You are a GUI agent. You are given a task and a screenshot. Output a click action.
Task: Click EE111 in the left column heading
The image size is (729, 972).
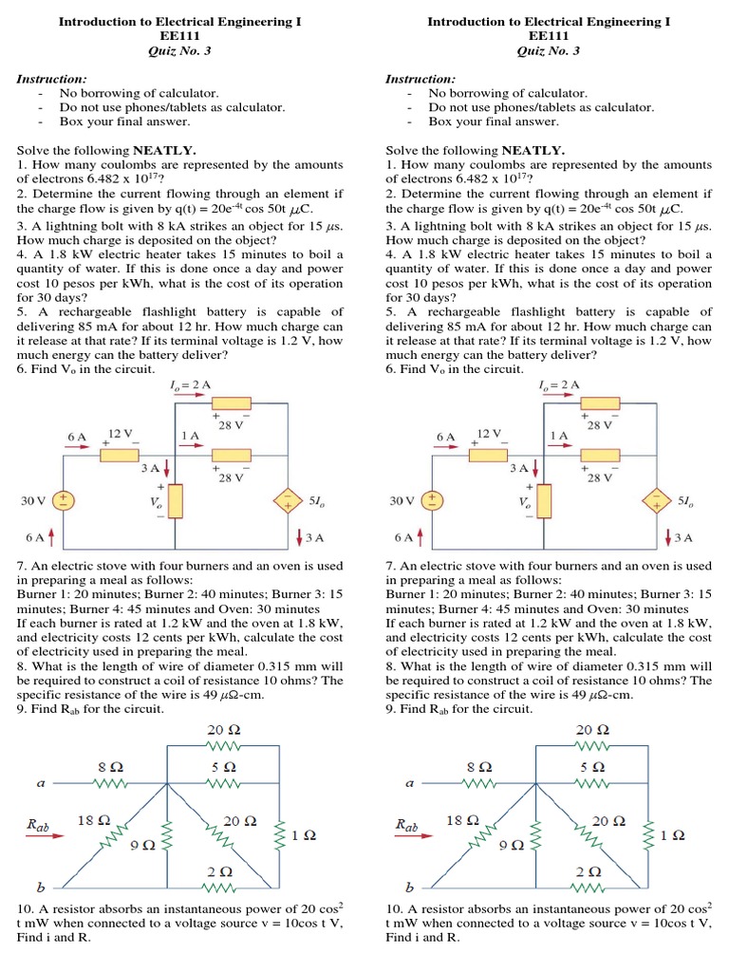(180, 36)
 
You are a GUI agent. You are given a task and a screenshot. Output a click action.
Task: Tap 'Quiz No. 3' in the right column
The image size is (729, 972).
(549, 51)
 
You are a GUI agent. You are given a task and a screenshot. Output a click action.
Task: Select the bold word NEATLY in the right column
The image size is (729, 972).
(533, 150)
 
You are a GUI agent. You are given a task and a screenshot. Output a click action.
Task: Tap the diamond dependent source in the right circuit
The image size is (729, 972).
(655, 501)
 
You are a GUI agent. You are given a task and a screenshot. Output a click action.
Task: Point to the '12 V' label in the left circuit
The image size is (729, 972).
(121, 434)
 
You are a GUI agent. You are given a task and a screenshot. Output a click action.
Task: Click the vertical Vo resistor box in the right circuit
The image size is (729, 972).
(544, 500)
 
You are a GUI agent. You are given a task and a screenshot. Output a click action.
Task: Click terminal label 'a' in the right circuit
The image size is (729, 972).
(409, 784)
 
